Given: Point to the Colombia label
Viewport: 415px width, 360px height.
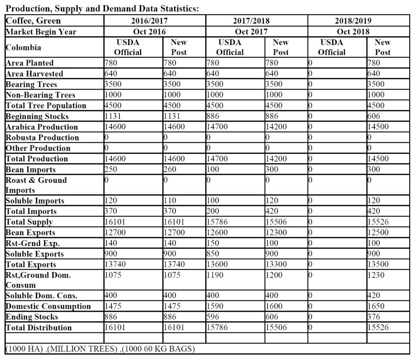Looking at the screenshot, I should click(24, 47).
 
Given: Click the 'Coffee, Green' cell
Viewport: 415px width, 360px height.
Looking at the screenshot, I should click(33, 21).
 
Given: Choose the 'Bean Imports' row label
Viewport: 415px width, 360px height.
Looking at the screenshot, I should click(31, 169).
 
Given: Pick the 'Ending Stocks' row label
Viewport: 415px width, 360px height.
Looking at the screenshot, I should click(32, 317).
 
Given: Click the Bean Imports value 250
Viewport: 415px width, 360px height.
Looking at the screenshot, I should click(111, 169).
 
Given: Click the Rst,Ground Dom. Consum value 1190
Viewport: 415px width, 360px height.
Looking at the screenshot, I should click(215, 275).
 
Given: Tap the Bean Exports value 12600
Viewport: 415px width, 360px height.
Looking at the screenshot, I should click(217, 233).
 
